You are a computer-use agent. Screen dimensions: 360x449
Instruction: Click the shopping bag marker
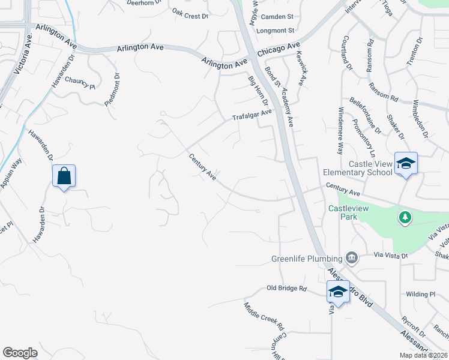64,176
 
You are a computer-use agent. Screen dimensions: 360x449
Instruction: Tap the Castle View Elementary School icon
406,163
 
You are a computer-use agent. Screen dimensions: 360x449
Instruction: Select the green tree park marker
406,217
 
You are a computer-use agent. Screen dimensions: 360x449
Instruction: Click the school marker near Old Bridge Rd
338,292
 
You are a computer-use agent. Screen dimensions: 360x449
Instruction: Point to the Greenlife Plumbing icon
352,259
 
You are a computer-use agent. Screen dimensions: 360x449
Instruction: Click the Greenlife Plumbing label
306,259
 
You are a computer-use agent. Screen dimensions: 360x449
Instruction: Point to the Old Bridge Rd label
286,289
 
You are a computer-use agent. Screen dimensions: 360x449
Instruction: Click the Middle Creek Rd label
263,316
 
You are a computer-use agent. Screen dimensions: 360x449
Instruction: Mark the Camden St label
276,17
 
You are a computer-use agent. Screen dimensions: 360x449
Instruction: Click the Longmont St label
276,30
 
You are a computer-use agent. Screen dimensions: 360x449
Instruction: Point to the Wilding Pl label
420,295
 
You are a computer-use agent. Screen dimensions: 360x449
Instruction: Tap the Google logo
20,353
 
